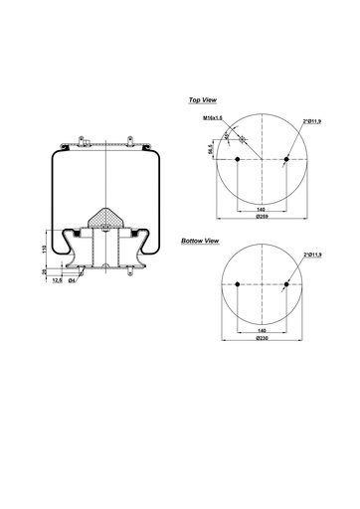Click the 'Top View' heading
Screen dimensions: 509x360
pyautogui.click(x=203, y=100)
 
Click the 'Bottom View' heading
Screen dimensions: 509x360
pyautogui.click(x=200, y=242)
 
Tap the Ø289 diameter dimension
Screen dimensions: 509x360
pyautogui.click(x=262, y=217)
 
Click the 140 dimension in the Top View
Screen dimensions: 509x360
pyautogui.click(x=261, y=210)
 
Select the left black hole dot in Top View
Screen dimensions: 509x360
pyautogui.click(x=238, y=160)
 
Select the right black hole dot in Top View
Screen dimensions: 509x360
pyautogui.click(x=285, y=160)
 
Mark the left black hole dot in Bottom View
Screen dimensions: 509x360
pyautogui.click(x=238, y=286)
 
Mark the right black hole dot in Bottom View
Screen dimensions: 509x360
pyautogui.click(x=285, y=286)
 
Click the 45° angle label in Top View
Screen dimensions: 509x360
pyautogui.click(x=227, y=134)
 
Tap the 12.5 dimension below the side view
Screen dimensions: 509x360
pyautogui.click(x=59, y=280)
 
